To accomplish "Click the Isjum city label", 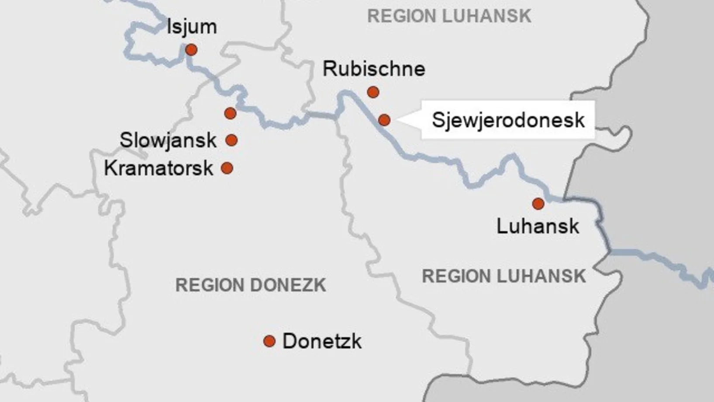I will click(x=192, y=27).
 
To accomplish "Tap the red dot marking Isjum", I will click(x=191, y=50).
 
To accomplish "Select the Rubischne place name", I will click(x=374, y=69).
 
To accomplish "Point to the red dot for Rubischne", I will click(x=373, y=92).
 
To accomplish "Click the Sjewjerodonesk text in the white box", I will click(x=508, y=120).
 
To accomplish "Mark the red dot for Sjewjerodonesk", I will click(x=384, y=120).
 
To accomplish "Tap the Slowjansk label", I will click(x=168, y=140).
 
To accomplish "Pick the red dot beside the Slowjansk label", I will click(x=231, y=140).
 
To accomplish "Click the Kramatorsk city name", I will click(x=159, y=168).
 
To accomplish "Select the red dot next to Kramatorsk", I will click(x=227, y=168).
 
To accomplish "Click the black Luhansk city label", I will click(x=538, y=226).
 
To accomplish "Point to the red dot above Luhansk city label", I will click(x=538, y=204).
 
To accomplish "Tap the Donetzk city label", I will click(x=322, y=341).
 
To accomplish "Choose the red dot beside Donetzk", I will click(x=269, y=341).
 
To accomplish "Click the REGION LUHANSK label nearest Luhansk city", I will click(x=504, y=277).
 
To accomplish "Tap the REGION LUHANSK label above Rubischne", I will click(x=449, y=17).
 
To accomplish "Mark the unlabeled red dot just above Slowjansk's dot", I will click(x=230, y=114).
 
